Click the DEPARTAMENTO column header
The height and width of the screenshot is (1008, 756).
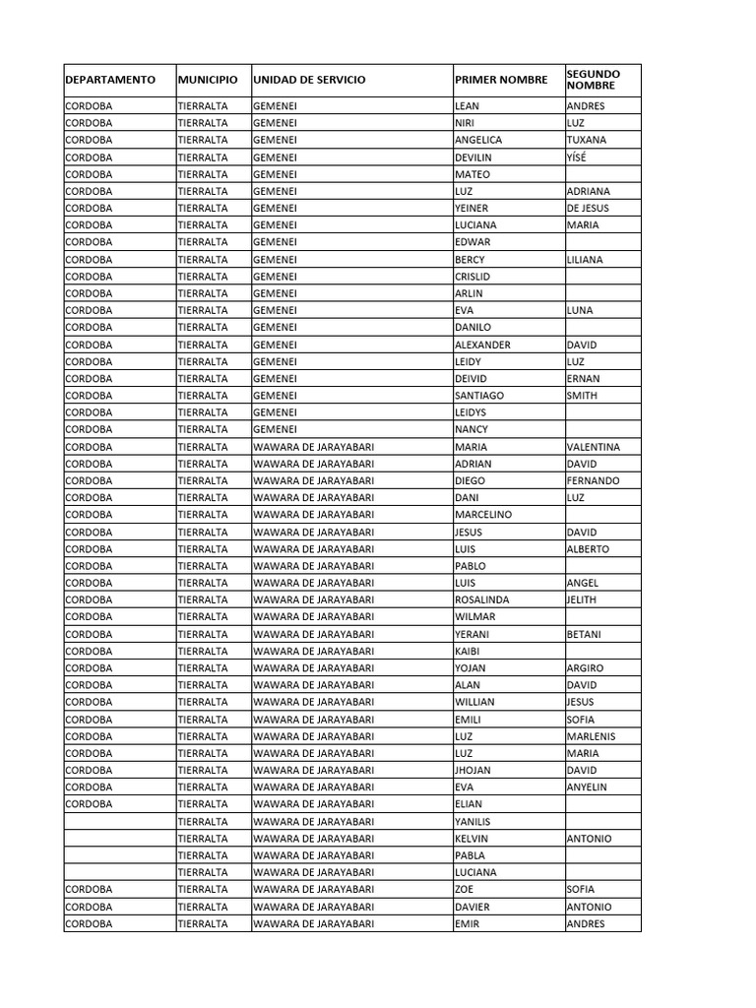(110, 80)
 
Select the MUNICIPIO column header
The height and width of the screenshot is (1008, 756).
(208, 80)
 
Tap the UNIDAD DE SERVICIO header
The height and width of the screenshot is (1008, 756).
(309, 80)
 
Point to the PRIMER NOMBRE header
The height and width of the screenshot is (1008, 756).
(501, 80)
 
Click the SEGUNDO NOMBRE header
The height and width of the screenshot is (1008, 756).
(594, 80)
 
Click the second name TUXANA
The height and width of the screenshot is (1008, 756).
(587, 140)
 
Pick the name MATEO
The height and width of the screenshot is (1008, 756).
(472, 174)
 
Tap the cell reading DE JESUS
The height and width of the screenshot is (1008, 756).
(588, 208)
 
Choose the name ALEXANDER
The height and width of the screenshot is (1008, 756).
(482, 345)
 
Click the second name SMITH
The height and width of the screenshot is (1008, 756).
(582, 396)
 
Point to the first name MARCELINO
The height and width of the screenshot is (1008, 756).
(483, 515)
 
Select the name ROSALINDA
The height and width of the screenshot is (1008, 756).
(482, 599)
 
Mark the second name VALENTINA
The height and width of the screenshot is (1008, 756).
(594, 447)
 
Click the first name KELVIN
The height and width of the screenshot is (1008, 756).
(472, 839)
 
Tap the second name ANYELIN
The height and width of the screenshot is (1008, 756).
(588, 787)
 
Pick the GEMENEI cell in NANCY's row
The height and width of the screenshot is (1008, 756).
(275, 429)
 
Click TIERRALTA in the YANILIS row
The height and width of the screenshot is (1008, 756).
(203, 822)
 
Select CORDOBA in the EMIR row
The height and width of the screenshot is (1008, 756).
(89, 923)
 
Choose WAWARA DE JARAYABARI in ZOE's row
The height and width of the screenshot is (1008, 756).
(314, 889)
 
